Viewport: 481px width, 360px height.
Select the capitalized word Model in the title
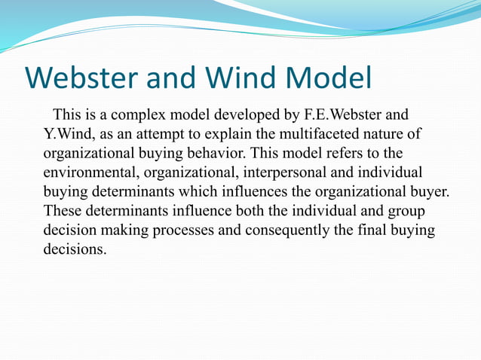[x=329, y=78]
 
